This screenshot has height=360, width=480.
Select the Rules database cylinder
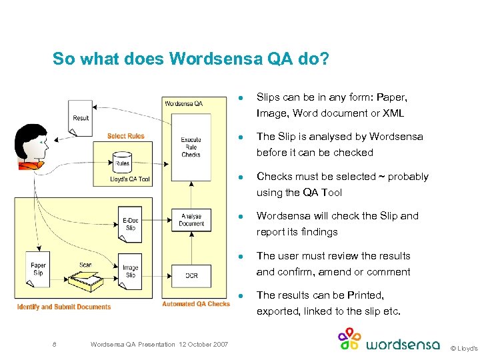122,161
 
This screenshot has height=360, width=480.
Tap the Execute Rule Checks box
191,147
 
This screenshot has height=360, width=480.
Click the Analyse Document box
191,220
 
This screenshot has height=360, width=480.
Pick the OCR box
191,275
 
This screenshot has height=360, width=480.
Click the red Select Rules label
126,137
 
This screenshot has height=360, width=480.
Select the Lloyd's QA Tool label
130,179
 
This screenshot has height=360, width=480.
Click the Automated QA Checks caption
196,304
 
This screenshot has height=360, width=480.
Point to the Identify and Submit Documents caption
64,307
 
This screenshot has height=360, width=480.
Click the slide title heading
191,59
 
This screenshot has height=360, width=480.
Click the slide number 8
54,344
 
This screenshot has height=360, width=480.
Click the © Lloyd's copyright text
463,348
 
